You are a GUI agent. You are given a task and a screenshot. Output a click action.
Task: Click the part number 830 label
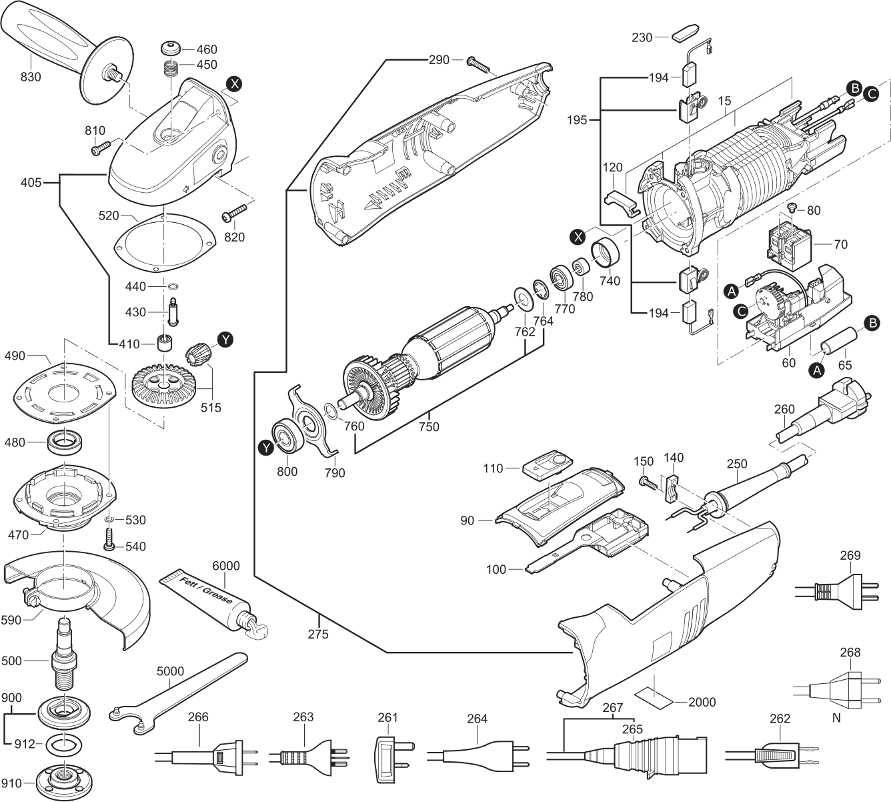pos(31,77)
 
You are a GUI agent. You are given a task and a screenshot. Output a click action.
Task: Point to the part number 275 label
pos(318,635)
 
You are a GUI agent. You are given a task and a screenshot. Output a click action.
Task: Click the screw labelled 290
pos(480,64)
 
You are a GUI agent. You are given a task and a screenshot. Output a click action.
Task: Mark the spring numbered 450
pos(171,67)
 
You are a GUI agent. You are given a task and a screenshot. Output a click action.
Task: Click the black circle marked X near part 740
pos(578,236)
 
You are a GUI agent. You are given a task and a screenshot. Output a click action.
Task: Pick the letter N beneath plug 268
pos(836,719)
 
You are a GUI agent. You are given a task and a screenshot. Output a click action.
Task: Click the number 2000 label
pos(702,702)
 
